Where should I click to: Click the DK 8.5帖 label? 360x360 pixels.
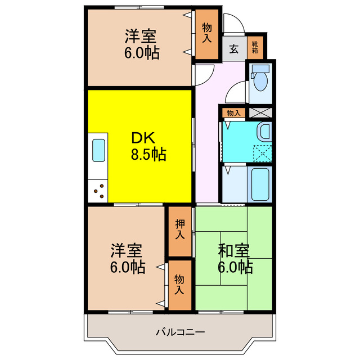pyautogui.click(x=148, y=146)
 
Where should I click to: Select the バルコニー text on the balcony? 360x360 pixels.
pyautogui.click(x=180, y=331)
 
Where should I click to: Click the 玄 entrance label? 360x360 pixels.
pyautogui.click(x=233, y=48)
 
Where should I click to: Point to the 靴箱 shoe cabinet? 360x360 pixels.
pyautogui.click(x=255, y=46)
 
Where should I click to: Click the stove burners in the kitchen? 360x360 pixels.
pyautogui.click(x=98, y=191)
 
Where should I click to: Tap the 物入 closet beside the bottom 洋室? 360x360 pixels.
pyautogui.click(x=179, y=285)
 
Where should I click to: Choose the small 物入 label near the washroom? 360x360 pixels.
pyautogui.click(x=233, y=113)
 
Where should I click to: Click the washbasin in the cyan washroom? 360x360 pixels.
pyautogui.click(x=263, y=134)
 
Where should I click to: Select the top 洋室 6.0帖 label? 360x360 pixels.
pyautogui.click(x=141, y=44)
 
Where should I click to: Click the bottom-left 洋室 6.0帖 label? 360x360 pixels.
pyautogui.click(x=127, y=258)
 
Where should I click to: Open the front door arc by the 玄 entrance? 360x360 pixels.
pyautogui.click(x=233, y=24)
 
